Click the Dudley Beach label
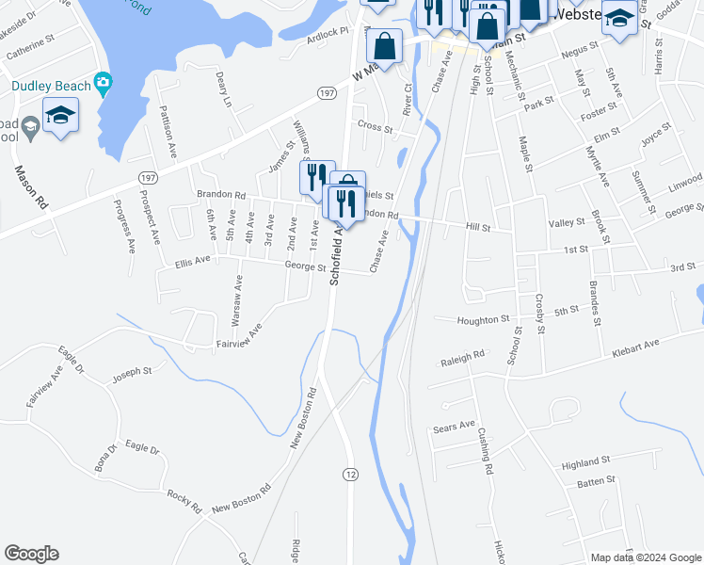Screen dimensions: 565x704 51,86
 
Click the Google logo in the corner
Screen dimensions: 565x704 31,554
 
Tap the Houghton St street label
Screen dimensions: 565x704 483,320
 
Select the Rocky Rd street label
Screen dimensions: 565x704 184,501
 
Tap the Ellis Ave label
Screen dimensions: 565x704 193,261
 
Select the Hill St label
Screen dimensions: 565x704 479,227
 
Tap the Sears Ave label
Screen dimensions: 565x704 454,426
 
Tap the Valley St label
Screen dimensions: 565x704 568,223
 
